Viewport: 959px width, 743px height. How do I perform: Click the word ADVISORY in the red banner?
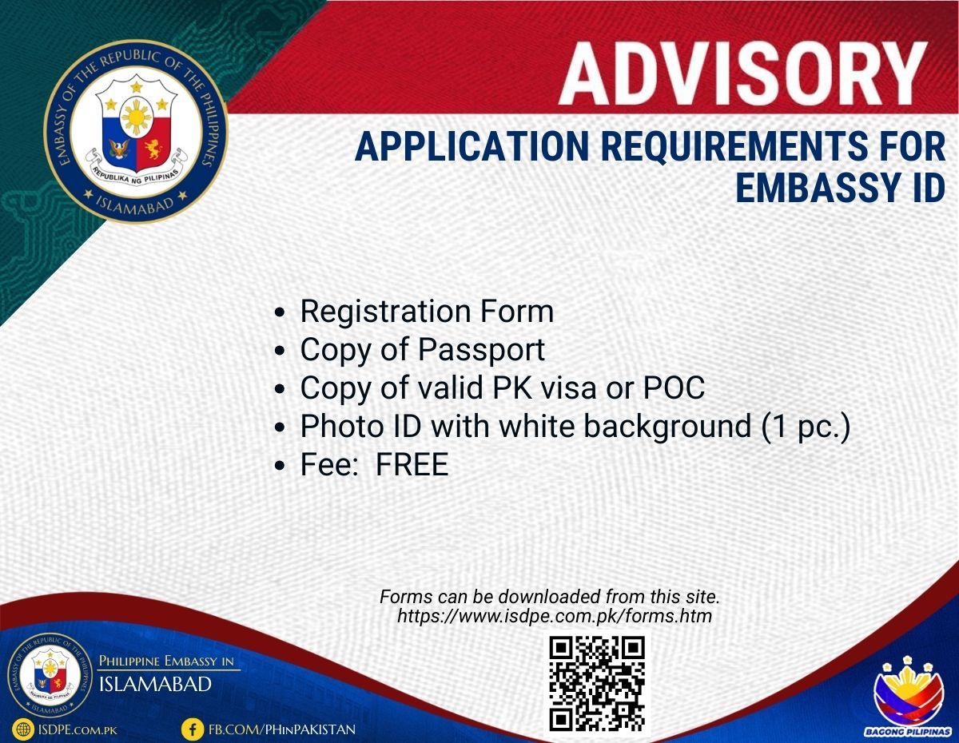click(x=742, y=74)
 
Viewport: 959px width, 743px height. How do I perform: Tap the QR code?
click(x=597, y=685)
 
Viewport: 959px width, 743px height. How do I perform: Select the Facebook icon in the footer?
click(x=193, y=729)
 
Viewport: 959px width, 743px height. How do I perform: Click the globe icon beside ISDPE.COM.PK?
click(x=23, y=729)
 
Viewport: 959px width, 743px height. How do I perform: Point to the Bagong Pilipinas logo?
click(x=907, y=698)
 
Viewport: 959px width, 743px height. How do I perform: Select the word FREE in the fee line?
click(x=412, y=465)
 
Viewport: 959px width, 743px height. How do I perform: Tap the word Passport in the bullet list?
click(x=481, y=351)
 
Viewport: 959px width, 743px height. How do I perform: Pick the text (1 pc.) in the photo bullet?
click(x=806, y=427)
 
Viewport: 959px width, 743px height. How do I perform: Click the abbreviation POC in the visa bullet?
click(x=674, y=388)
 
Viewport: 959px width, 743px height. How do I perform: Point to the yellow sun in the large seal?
click(x=137, y=117)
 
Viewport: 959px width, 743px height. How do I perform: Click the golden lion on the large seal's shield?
click(x=153, y=149)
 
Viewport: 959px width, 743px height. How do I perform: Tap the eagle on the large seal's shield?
click(x=119, y=149)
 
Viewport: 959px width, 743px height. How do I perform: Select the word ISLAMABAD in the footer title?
click(x=155, y=685)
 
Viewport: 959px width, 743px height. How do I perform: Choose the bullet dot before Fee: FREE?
click(x=280, y=466)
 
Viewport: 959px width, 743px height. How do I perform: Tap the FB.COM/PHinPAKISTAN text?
click(x=282, y=729)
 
